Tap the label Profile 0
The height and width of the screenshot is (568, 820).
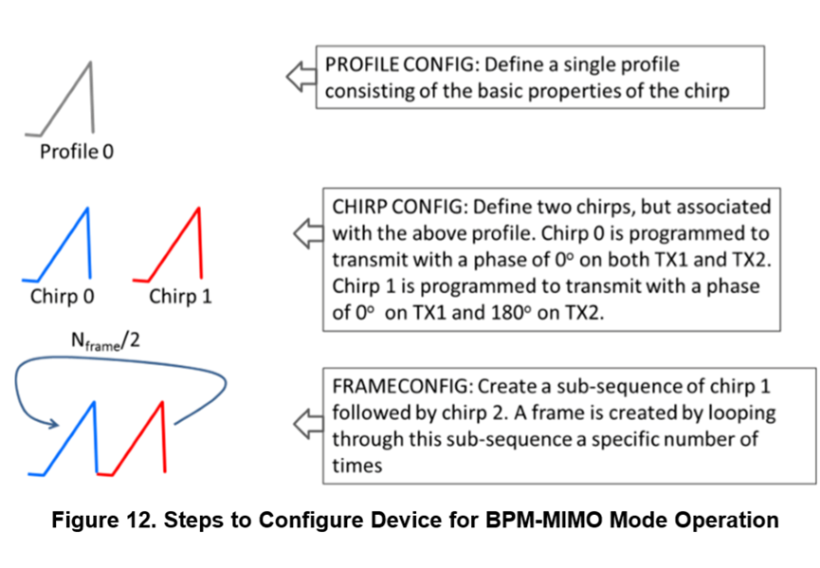(x=77, y=151)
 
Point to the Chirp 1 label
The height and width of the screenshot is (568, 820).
(x=180, y=297)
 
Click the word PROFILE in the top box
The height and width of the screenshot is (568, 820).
(x=359, y=65)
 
